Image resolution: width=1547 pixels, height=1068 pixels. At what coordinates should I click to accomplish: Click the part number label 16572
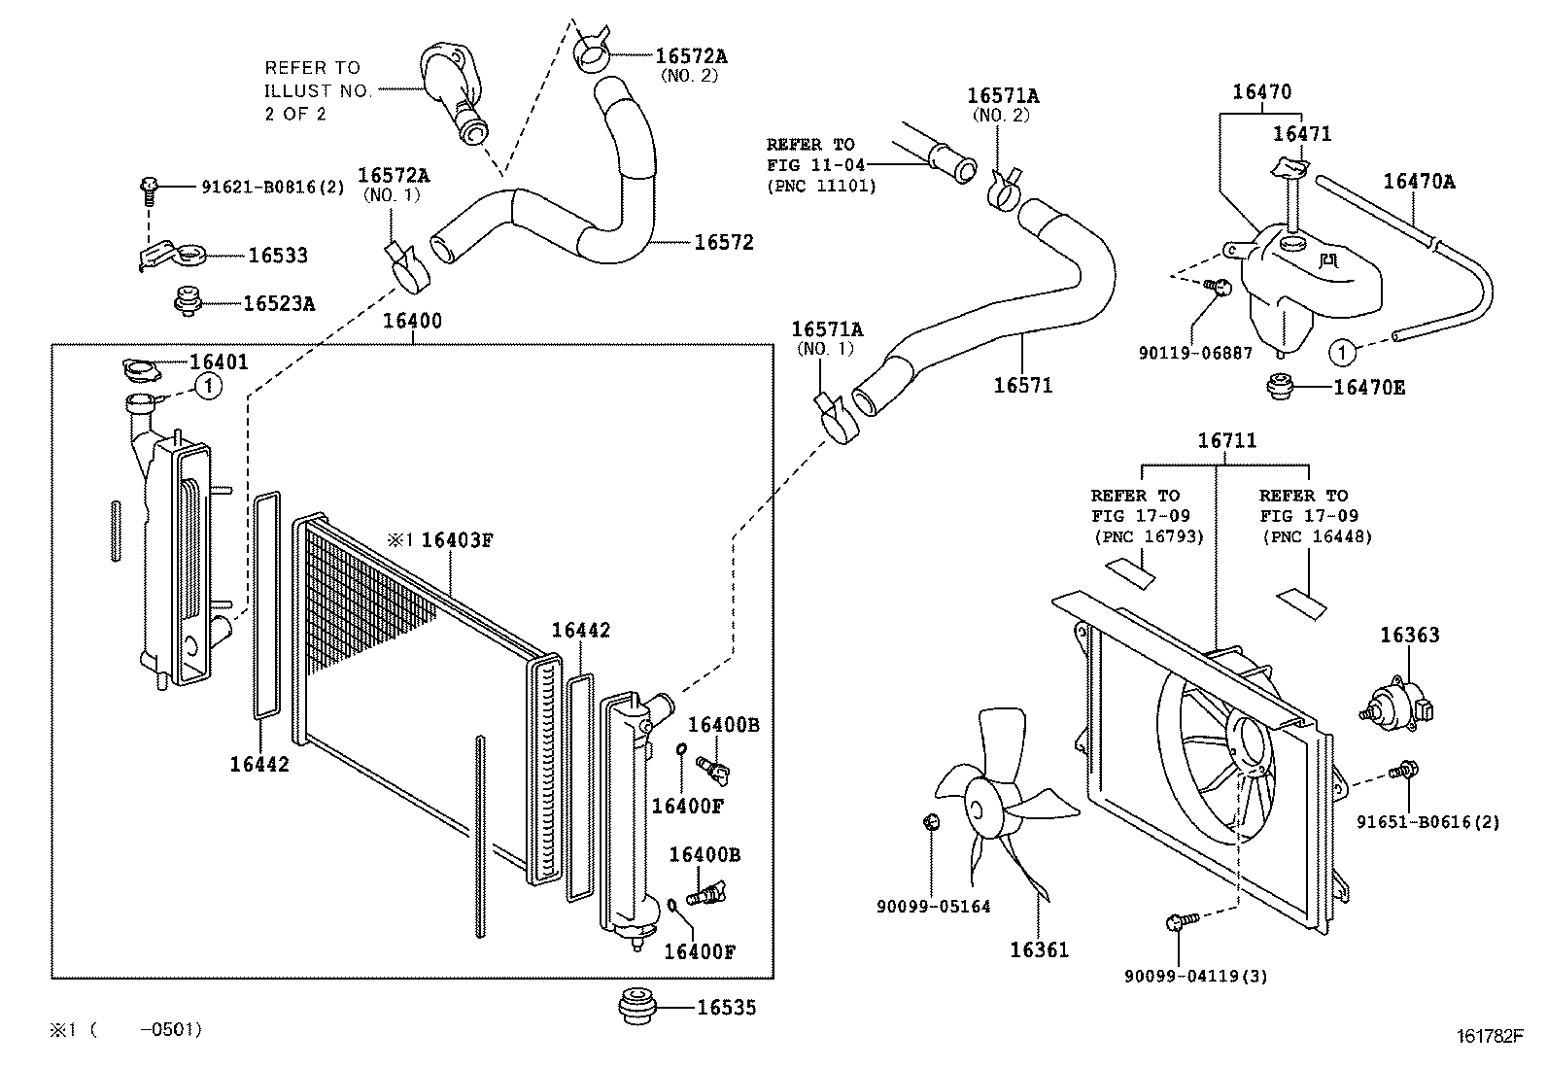click(724, 242)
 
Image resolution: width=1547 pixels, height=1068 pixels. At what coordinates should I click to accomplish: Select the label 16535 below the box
click(726, 1007)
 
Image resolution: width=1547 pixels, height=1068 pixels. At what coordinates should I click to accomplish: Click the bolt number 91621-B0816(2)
click(273, 187)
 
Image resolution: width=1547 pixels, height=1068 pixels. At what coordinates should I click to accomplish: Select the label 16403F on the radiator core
click(457, 539)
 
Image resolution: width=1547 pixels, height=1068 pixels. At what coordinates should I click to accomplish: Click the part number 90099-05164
click(933, 907)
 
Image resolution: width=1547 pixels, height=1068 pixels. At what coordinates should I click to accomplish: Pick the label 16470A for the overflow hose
click(1419, 182)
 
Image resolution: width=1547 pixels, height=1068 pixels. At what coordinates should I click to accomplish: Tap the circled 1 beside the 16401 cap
click(209, 386)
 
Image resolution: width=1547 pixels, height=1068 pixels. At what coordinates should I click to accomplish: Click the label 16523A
click(279, 303)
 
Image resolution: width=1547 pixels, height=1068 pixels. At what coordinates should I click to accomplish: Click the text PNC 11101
click(822, 186)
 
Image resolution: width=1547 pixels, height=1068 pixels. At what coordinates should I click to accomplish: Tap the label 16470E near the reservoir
click(1369, 388)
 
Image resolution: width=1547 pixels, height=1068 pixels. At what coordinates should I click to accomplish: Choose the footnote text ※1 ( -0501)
click(126, 1029)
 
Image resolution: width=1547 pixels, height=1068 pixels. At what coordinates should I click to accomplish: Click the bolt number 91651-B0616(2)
click(1428, 822)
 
